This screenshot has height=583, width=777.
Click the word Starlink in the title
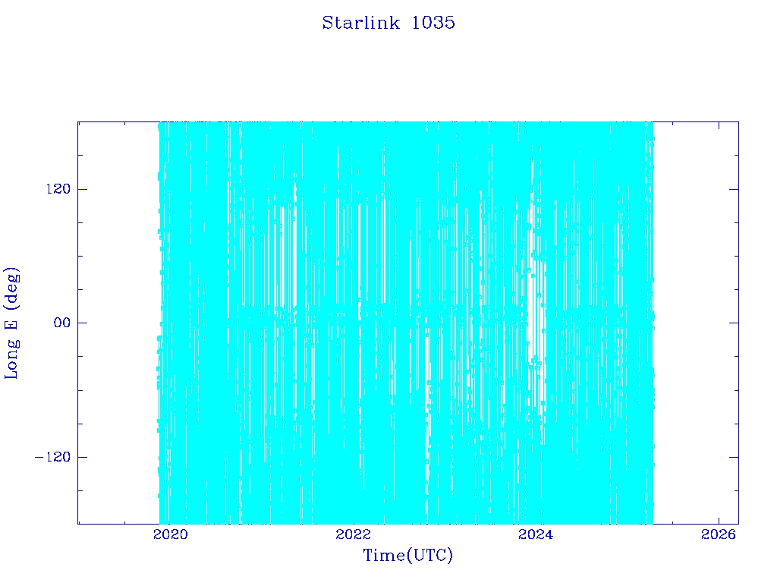(x=360, y=23)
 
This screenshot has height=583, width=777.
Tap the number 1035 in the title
(x=433, y=23)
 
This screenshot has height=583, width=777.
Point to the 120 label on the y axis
(x=58, y=189)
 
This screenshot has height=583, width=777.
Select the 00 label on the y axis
(x=62, y=323)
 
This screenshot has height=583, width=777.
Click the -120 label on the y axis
(x=53, y=456)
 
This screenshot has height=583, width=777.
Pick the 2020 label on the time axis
(x=171, y=534)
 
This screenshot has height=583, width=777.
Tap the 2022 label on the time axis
(x=354, y=534)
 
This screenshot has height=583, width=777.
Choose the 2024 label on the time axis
(x=536, y=534)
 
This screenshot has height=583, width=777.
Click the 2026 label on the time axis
(x=719, y=534)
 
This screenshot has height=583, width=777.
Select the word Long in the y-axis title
(x=11, y=359)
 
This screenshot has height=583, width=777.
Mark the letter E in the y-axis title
(x=11, y=323)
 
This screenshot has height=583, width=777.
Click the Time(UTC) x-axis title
(x=407, y=555)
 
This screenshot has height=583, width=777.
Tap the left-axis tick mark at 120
(x=82, y=189)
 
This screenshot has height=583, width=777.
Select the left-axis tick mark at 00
(x=82, y=323)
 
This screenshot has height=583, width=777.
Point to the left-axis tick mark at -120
(x=82, y=456)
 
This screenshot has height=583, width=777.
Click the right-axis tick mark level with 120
(x=734, y=189)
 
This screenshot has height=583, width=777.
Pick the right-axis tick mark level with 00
(x=734, y=323)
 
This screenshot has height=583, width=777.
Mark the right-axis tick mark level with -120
(x=734, y=456)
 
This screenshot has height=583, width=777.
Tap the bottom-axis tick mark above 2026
(x=719, y=519)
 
